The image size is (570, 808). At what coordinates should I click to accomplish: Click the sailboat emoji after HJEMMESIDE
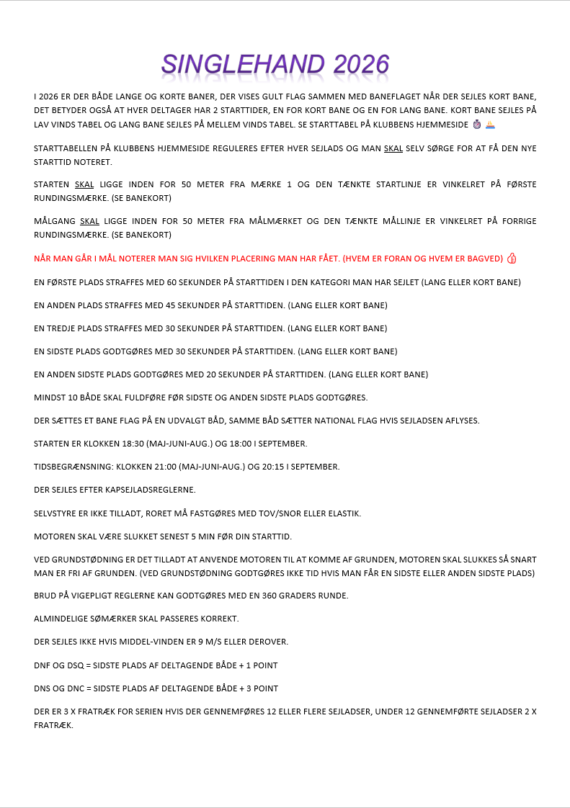490,125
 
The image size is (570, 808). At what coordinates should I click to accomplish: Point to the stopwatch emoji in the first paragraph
476,125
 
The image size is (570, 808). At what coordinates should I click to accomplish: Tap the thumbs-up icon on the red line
512,259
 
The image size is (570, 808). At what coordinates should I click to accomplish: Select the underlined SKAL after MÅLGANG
89,221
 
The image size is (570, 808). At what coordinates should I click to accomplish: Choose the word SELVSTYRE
55,513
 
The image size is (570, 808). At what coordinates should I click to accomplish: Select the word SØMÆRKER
110,619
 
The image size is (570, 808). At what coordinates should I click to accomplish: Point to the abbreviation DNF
43,665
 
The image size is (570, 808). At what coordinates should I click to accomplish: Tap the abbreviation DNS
43,688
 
